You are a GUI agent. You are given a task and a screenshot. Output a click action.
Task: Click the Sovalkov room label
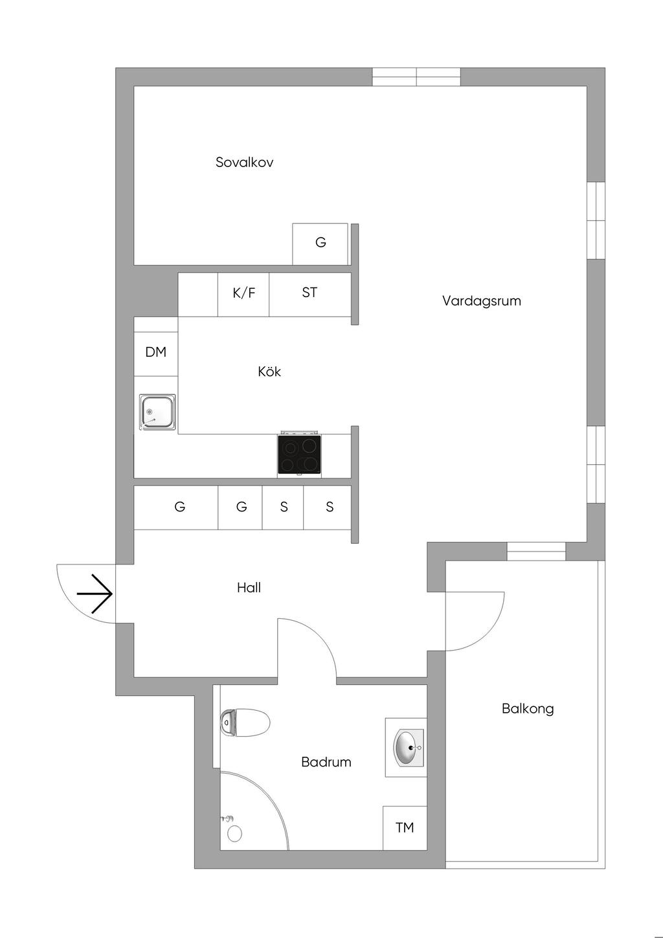244,162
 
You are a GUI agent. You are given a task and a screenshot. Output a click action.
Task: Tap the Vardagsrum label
482,301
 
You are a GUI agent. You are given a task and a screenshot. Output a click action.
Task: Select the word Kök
269,372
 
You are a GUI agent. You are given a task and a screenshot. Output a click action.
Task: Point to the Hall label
249,588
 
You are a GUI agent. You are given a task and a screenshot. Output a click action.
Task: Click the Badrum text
326,762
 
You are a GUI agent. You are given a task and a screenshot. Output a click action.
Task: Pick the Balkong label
528,709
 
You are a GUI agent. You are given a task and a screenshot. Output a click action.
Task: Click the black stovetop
300,454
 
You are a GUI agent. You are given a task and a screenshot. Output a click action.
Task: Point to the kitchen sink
157,412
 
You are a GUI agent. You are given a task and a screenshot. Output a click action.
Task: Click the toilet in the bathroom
245,723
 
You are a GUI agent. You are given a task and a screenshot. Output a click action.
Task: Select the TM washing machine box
405,828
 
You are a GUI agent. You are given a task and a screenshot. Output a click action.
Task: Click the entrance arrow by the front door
95,594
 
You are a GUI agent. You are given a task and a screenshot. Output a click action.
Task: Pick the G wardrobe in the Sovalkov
320,243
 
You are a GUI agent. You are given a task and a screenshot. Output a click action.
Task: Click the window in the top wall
416,76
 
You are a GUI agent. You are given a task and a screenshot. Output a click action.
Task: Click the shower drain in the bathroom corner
234,834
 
